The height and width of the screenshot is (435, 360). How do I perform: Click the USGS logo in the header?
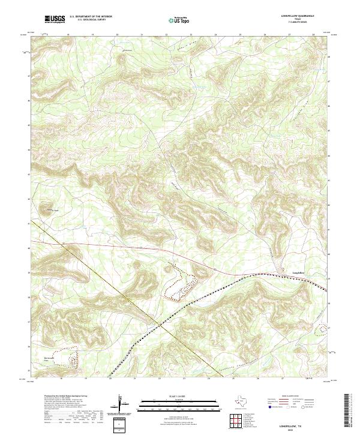pos(55,20)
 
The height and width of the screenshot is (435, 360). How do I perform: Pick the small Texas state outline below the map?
pos(244,401)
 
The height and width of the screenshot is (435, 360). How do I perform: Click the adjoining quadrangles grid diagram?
pos(235,419)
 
